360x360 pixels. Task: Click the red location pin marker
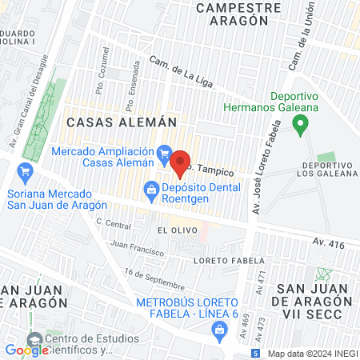tap(181, 162)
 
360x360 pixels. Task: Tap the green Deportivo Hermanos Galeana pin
tap(301, 125)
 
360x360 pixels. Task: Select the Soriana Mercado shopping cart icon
tap(25, 170)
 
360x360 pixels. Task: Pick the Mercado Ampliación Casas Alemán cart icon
tap(164, 152)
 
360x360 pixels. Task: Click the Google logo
tap(27, 350)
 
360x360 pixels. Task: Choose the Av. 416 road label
tap(328, 242)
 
